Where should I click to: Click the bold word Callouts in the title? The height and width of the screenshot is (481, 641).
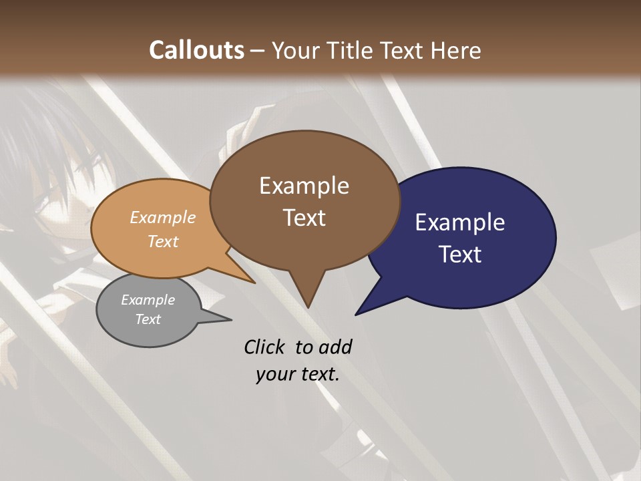click(x=196, y=50)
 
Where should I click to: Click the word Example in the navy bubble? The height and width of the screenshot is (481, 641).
click(x=459, y=222)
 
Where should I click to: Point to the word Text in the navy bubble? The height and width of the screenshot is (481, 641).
click(x=459, y=255)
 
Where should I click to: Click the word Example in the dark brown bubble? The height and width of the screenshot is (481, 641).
click(x=304, y=186)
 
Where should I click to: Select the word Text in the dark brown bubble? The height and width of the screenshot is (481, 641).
click(x=304, y=218)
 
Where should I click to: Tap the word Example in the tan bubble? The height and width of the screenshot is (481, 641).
click(x=162, y=218)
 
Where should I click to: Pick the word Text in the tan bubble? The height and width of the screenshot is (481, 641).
click(x=162, y=241)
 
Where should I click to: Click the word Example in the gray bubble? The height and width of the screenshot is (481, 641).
click(x=148, y=301)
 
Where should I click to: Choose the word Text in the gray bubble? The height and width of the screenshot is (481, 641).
click(x=148, y=319)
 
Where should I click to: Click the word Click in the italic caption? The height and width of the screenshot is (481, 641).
click(x=266, y=347)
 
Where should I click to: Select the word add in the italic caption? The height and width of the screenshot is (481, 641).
click(x=335, y=347)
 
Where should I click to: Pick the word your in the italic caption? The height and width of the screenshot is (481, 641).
click(x=274, y=374)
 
